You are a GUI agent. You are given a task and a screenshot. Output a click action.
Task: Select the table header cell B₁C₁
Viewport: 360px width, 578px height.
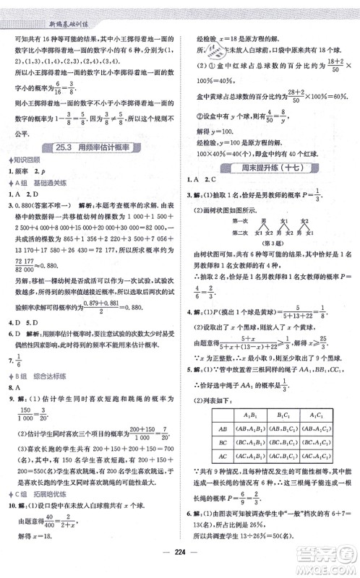279,432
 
